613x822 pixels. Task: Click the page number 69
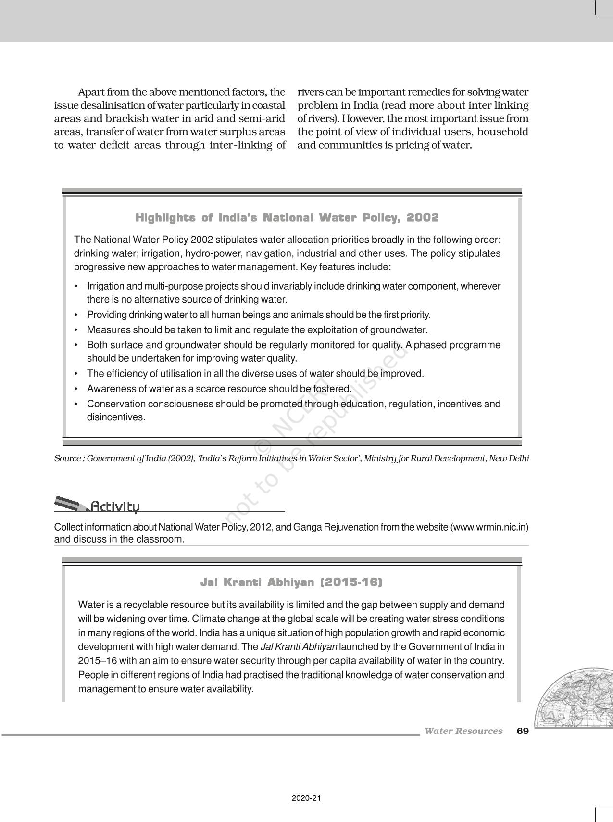[x=523, y=731]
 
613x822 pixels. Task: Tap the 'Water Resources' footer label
[x=463, y=731]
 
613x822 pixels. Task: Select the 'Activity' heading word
[x=115, y=507]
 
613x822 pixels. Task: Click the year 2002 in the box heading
[x=423, y=218]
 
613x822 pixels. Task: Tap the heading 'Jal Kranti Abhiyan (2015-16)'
[x=291, y=582]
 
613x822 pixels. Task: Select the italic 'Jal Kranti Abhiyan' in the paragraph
[x=298, y=647]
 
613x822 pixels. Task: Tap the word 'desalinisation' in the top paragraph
[x=111, y=105]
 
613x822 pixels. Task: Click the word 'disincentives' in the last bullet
[x=115, y=417]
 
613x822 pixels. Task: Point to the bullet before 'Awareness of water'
[x=76, y=389]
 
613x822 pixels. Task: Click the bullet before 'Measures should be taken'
[x=76, y=330]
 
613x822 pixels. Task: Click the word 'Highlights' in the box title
[x=165, y=218]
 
